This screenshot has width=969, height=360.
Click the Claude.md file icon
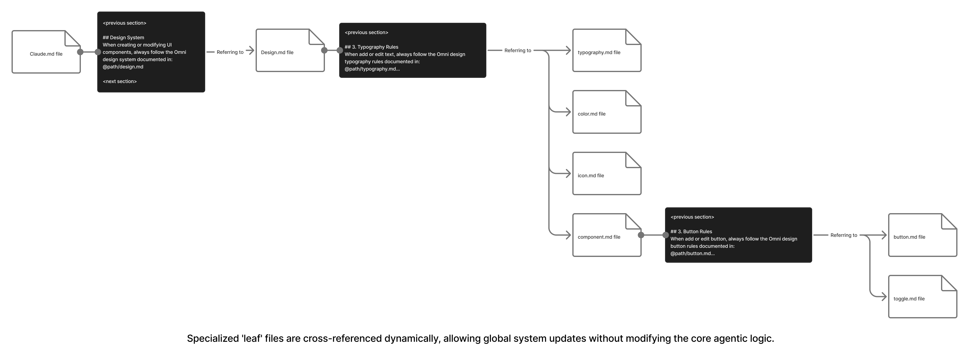point(46,52)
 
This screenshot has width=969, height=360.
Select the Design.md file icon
point(290,50)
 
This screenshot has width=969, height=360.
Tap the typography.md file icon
point(607,50)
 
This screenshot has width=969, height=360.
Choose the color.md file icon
point(607,112)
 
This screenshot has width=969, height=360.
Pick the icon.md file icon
point(607,173)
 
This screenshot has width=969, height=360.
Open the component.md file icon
point(607,235)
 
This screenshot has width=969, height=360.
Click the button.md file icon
point(923,235)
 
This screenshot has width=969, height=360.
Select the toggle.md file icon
point(923,297)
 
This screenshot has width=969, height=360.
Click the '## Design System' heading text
point(123,38)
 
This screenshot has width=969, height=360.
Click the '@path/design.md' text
point(123,67)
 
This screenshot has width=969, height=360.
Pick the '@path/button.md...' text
point(692,254)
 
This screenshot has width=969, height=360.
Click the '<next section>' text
point(120,81)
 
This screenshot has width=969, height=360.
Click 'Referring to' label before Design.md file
point(230,52)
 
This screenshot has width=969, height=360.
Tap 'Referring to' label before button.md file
point(844,235)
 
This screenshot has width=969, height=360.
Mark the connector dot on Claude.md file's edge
point(80,52)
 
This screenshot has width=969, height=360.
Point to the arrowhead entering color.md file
point(568,112)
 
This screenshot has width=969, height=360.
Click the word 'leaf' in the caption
point(252,338)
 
